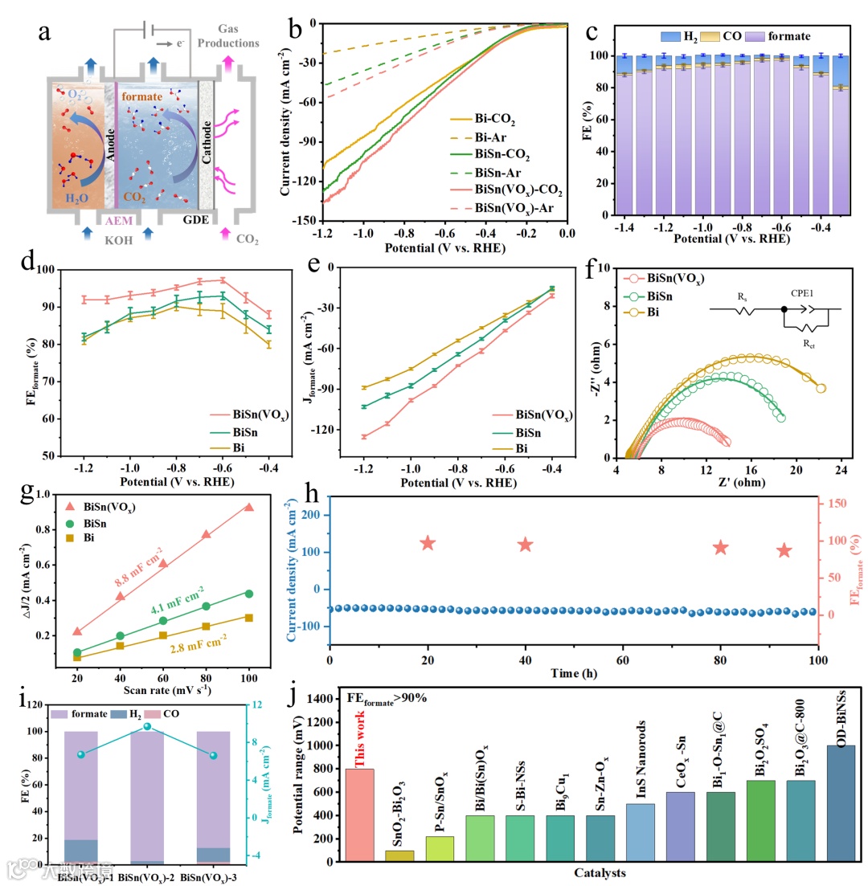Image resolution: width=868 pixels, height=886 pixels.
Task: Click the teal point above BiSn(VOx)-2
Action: [x=147, y=726]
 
